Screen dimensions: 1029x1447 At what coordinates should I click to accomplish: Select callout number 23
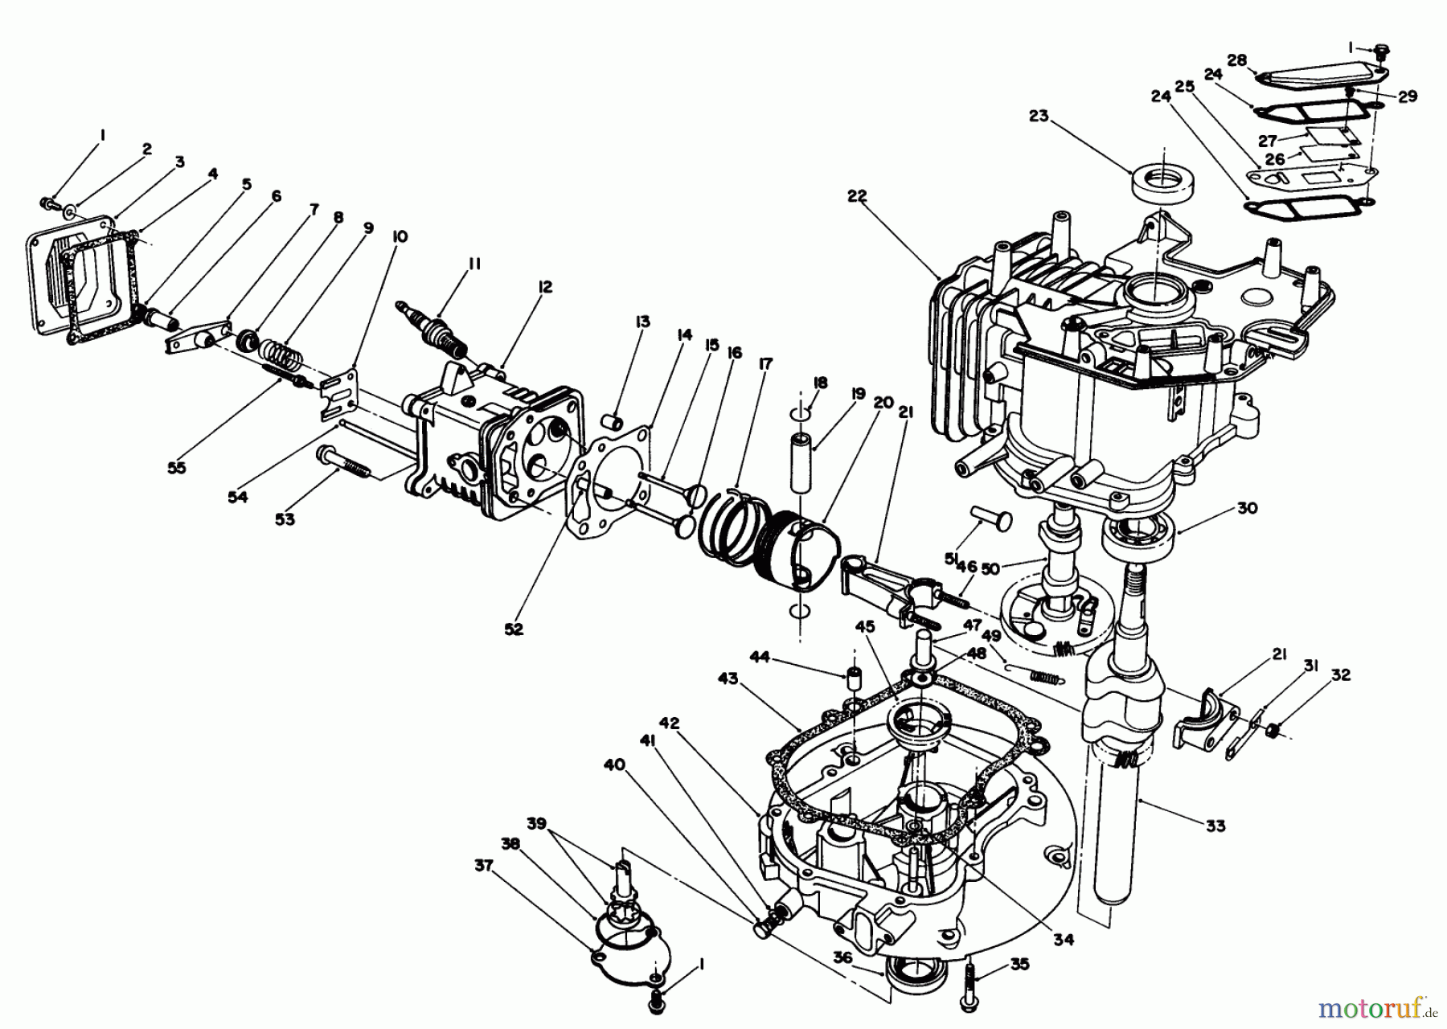[x=1039, y=116]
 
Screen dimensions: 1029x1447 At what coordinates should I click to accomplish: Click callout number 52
[x=513, y=629]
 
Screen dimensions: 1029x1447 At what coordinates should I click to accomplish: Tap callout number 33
[x=1215, y=825]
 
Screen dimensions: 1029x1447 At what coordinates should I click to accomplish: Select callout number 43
[x=728, y=679]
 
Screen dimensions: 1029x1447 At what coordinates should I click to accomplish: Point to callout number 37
[x=482, y=864]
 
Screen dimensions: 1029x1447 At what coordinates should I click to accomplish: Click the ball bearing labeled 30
[x=1138, y=535]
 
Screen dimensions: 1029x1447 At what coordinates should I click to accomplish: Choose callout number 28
[x=1236, y=60]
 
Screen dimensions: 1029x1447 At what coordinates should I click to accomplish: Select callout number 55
[x=176, y=467]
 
